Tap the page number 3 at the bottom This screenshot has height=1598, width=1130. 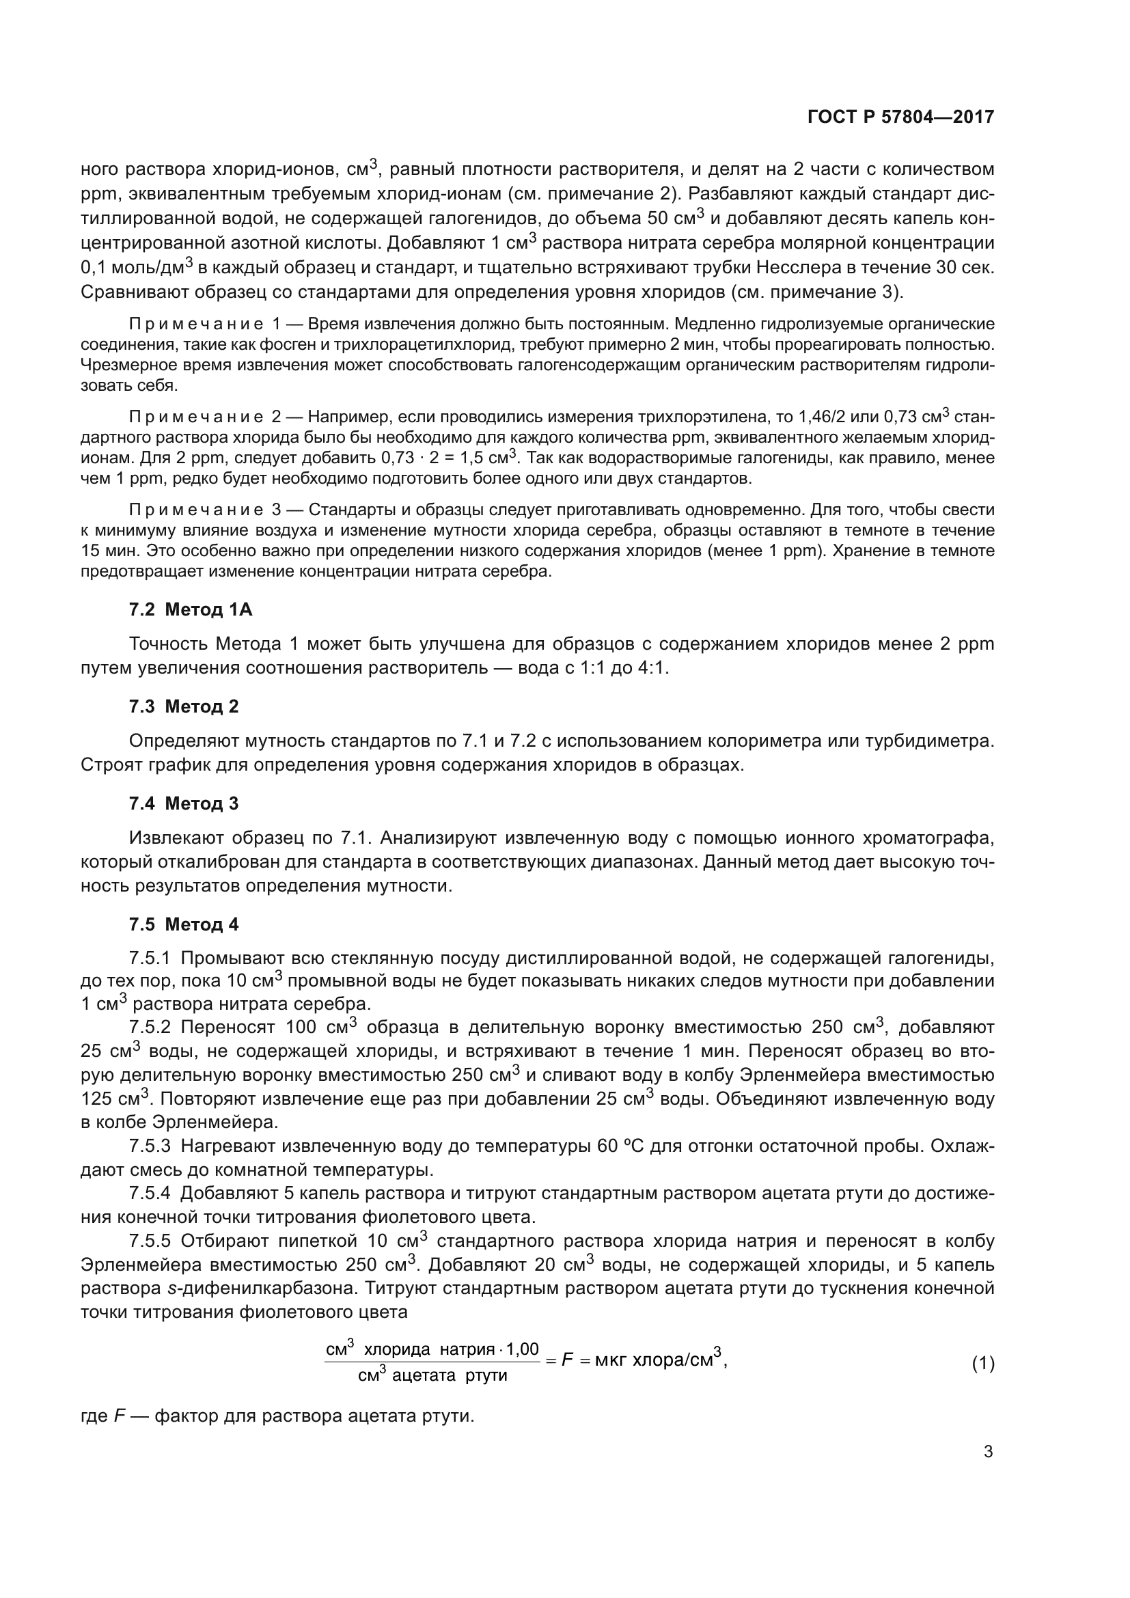(x=987, y=1452)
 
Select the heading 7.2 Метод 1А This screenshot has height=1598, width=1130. (x=190, y=609)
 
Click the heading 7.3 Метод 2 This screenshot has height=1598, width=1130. (x=184, y=706)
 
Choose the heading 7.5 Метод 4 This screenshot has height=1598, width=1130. (x=184, y=924)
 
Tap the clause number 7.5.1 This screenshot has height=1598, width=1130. (x=150, y=959)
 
